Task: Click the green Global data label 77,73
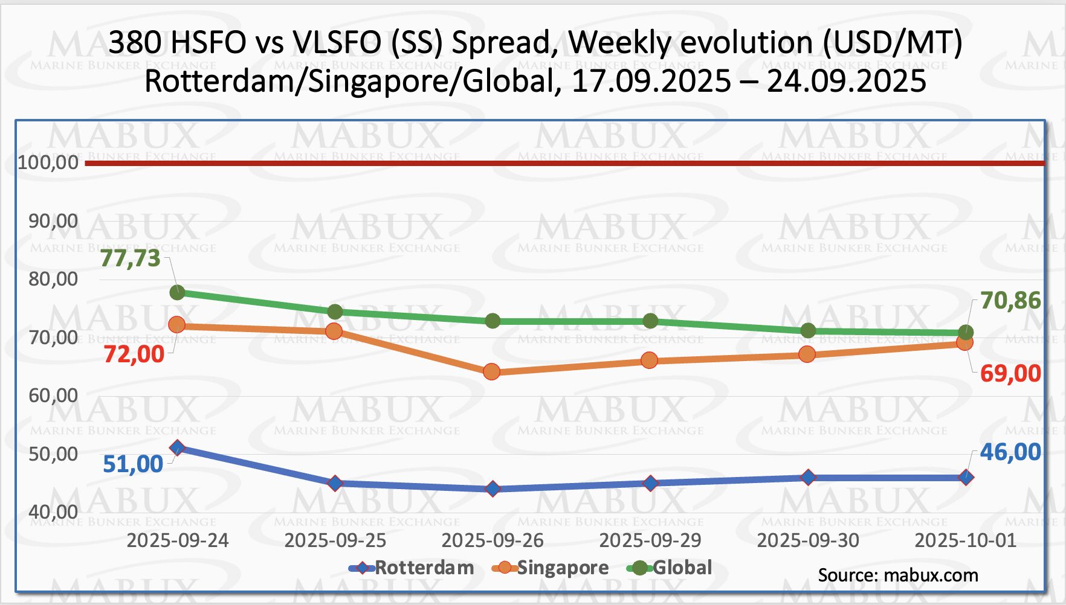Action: [x=131, y=258]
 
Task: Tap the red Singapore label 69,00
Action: [x=1010, y=374]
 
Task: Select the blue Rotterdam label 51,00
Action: [x=133, y=464]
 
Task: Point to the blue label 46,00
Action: [x=1010, y=452]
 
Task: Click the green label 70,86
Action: [x=1010, y=301]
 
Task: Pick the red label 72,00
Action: [x=134, y=354]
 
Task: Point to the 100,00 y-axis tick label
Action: [x=48, y=162]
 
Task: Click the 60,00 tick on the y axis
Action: [x=53, y=395]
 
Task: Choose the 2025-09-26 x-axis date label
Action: [x=493, y=540]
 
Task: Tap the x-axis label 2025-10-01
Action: [x=966, y=540]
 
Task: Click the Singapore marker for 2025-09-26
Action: [x=492, y=372]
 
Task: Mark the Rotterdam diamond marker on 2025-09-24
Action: [x=177, y=448]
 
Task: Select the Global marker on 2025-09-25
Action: [x=335, y=312]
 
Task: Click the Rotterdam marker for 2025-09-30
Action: [x=808, y=478]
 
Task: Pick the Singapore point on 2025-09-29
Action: [x=650, y=361]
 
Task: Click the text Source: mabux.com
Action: [x=898, y=575]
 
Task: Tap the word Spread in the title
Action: [x=502, y=43]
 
